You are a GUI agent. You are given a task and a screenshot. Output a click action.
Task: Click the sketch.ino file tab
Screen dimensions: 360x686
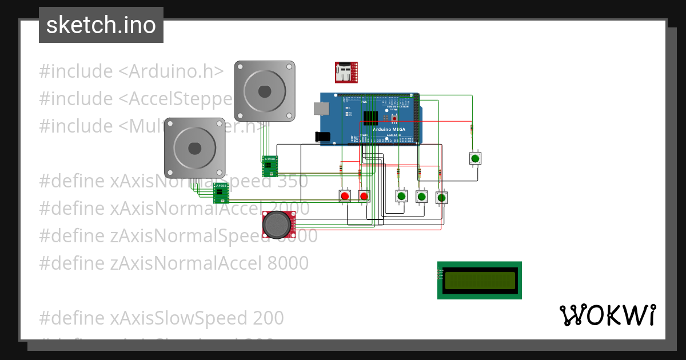(101, 25)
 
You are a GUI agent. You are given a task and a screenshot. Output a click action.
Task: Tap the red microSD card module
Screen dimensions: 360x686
(346, 72)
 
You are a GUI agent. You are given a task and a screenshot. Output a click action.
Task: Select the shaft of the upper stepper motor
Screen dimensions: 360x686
(264, 91)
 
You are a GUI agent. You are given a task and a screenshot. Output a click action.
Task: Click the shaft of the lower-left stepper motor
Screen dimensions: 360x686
(194, 148)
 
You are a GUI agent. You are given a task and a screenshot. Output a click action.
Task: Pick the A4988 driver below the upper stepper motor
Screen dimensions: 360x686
(269, 166)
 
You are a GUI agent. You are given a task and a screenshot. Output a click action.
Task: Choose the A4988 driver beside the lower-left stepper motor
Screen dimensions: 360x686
(221, 193)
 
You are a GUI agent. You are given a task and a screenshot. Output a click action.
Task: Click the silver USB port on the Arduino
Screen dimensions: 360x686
(320, 109)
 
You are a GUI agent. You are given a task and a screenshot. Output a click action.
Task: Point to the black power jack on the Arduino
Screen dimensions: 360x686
(323, 137)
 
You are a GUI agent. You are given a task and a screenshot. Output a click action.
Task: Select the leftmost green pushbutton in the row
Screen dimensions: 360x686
(401, 197)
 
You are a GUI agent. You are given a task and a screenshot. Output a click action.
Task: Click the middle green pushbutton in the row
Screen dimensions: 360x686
(421, 197)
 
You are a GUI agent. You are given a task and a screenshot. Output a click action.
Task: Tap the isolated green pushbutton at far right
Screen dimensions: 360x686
(475, 158)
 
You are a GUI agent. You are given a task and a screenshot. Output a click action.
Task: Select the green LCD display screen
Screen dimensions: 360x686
(479, 280)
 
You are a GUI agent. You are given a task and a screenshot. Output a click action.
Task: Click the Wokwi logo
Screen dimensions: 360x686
(607, 315)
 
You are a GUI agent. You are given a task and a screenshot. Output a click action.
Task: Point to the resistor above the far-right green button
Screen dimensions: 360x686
(472, 129)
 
